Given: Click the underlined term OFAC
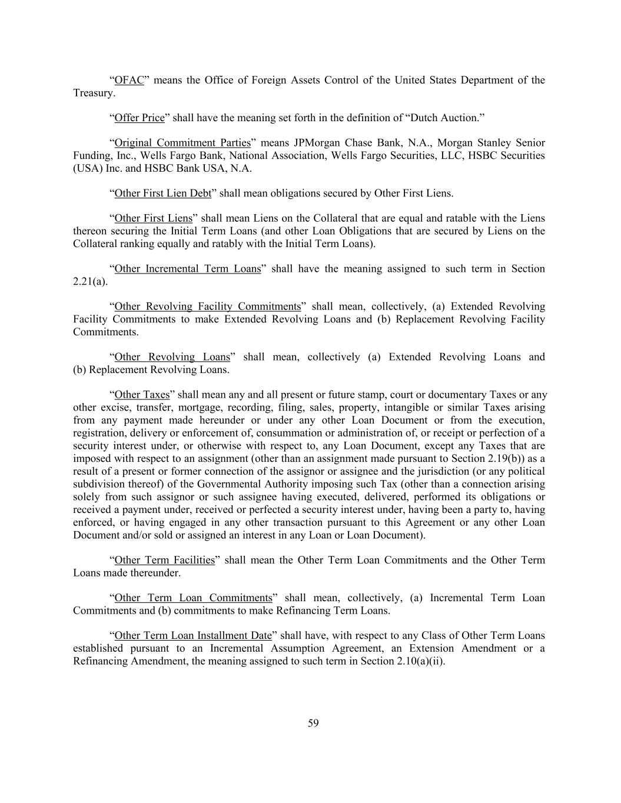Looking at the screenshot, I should (x=129, y=80).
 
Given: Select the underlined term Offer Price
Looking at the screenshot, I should (x=140, y=118).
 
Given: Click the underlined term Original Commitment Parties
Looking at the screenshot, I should (x=182, y=143).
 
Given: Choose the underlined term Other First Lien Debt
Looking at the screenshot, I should (x=162, y=193).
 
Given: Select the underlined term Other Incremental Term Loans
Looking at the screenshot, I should (x=187, y=269).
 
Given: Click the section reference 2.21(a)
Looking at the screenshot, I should (x=89, y=282).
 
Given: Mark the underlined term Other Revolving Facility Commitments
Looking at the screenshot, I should (x=207, y=306).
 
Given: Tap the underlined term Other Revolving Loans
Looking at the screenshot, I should (x=172, y=357).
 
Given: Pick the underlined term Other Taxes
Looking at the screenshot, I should (x=142, y=395).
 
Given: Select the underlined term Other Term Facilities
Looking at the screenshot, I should (x=164, y=560).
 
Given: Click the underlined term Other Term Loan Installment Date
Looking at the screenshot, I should (x=192, y=635).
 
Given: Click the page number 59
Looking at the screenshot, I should (x=313, y=723).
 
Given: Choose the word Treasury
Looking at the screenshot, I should (x=93, y=93).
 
